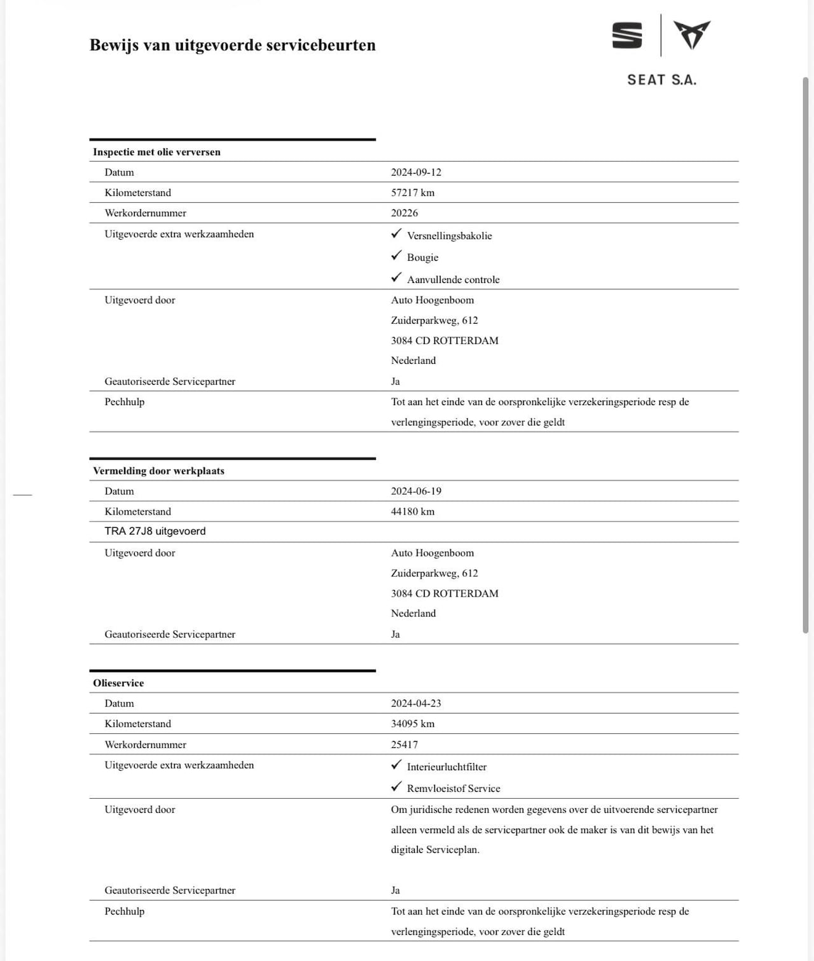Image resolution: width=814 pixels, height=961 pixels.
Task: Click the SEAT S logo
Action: click(x=627, y=36)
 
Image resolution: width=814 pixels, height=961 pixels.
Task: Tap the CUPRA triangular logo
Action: click(x=692, y=35)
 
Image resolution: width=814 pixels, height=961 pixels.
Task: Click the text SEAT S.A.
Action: click(x=661, y=80)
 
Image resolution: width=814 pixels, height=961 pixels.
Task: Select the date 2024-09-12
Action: click(x=416, y=172)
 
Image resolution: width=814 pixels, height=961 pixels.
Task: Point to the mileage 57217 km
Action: click(x=413, y=193)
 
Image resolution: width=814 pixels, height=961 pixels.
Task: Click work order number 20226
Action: click(x=404, y=213)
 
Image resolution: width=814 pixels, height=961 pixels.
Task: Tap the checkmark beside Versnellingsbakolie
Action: click(x=397, y=234)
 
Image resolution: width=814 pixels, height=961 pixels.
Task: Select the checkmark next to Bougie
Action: click(x=397, y=256)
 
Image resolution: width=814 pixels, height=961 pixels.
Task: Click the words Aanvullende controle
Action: click(x=453, y=280)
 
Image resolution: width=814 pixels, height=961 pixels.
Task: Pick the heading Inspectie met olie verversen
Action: click(x=156, y=152)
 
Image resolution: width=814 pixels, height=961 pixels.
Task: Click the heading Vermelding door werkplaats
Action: click(x=158, y=471)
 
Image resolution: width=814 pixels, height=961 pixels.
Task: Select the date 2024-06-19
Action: click(x=416, y=492)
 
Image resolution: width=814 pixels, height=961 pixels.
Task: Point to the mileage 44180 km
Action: click(x=413, y=512)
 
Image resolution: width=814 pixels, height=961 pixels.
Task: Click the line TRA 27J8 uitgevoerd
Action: click(x=155, y=532)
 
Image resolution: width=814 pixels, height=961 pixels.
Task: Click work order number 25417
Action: click(x=404, y=745)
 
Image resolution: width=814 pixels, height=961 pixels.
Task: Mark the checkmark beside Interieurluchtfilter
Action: click(x=397, y=765)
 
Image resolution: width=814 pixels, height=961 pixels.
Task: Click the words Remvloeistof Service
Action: click(x=453, y=789)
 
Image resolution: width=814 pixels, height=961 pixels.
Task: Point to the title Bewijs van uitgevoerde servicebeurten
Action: click(x=233, y=45)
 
